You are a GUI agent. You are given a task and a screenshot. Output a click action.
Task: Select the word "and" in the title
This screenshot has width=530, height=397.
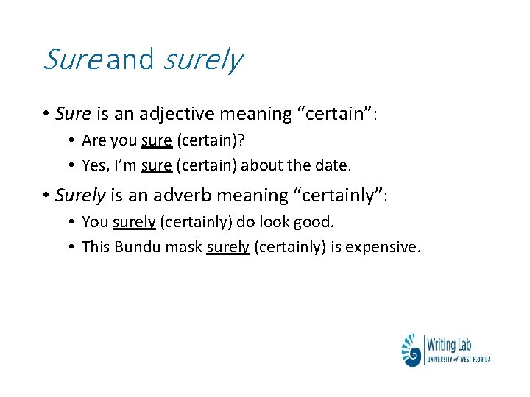click(x=130, y=59)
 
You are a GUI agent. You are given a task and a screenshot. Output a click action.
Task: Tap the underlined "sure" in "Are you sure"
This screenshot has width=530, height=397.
click(x=156, y=140)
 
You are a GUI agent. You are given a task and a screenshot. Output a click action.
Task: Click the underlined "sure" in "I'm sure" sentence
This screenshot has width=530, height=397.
click(x=156, y=166)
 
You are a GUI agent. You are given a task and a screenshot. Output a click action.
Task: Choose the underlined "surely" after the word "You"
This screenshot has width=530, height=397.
click(x=134, y=221)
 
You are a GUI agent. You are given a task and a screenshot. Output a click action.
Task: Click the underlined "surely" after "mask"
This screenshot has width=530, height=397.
click(x=228, y=247)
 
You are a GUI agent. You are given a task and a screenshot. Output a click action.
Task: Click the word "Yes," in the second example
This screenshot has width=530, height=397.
click(x=95, y=166)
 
